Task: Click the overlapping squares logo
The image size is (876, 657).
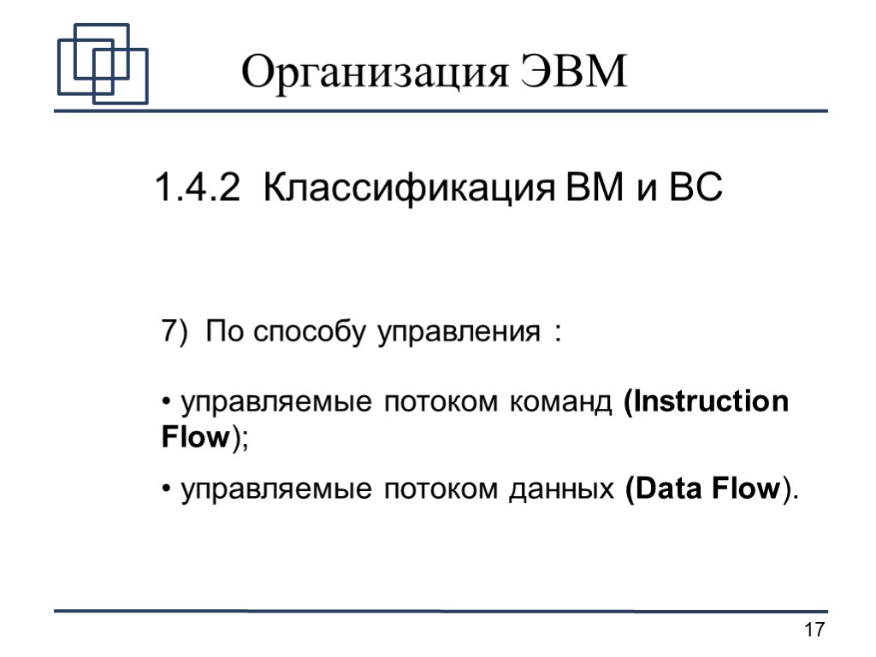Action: [x=102, y=64]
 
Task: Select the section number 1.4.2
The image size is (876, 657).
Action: [x=197, y=187]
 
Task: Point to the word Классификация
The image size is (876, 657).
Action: [x=400, y=187]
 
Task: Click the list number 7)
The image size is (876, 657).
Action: [x=173, y=330]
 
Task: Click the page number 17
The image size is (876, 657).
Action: [x=814, y=631]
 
